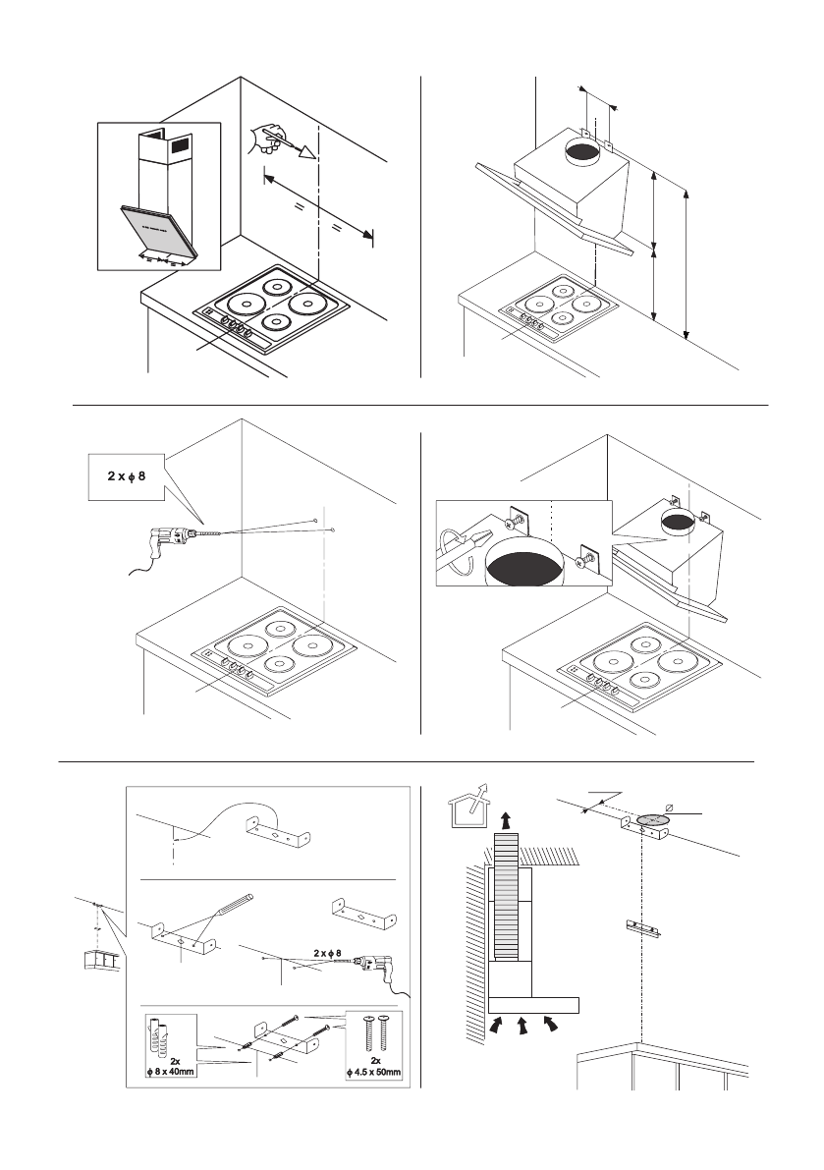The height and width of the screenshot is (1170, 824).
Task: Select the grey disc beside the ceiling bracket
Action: click(x=650, y=818)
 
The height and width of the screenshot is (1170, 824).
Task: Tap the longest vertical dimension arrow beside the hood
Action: click(x=687, y=260)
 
